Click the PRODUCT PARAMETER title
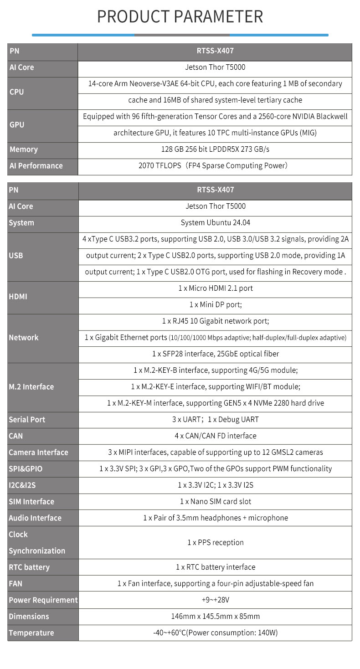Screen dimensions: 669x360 (x=180, y=17)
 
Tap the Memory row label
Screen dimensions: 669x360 (x=24, y=149)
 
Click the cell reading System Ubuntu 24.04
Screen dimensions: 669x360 (x=215, y=223)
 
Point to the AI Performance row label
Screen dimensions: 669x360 (x=36, y=166)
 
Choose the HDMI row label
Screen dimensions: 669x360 (x=18, y=297)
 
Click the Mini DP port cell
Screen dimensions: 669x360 (x=215, y=305)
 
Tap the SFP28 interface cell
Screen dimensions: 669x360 (x=215, y=354)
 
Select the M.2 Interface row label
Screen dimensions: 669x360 (x=31, y=387)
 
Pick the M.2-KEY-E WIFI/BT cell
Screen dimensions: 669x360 (x=215, y=387)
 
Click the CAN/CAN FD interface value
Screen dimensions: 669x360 (x=215, y=436)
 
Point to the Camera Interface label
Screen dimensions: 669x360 (x=38, y=453)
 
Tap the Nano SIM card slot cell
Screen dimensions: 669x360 (x=215, y=502)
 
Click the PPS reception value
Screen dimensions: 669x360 (x=215, y=543)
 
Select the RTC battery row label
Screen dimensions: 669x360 (x=29, y=567)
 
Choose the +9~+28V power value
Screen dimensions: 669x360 (x=215, y=600)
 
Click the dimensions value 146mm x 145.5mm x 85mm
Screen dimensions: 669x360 (x=215, y=617)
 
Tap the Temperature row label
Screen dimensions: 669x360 (x=31, y=633)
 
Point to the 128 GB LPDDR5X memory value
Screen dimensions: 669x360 (x=215, y=149)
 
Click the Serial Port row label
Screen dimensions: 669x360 (x=27, y=420)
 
